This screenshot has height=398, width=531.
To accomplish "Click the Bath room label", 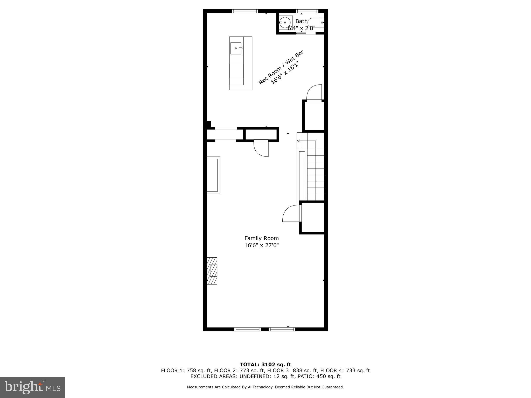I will (301, 21).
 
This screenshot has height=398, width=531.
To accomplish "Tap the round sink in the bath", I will (285, 23).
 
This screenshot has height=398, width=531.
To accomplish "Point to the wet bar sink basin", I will (236, 48).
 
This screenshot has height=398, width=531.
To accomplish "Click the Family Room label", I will (261, 238).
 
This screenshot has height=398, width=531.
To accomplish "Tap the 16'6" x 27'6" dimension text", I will (261, 245).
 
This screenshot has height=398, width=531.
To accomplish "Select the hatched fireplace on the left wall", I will (212, 271).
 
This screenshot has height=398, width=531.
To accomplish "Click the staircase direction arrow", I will (298, 141).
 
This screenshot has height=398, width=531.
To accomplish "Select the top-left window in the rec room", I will (245, 11).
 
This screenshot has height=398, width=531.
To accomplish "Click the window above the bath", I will (307, 11).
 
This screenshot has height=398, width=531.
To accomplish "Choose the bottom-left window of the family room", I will (247, 329).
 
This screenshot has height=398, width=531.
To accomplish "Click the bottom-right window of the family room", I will (282, 329).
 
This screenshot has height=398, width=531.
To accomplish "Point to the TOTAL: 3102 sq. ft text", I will (265, 365).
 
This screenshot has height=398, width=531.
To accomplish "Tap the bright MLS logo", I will (32, 387).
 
